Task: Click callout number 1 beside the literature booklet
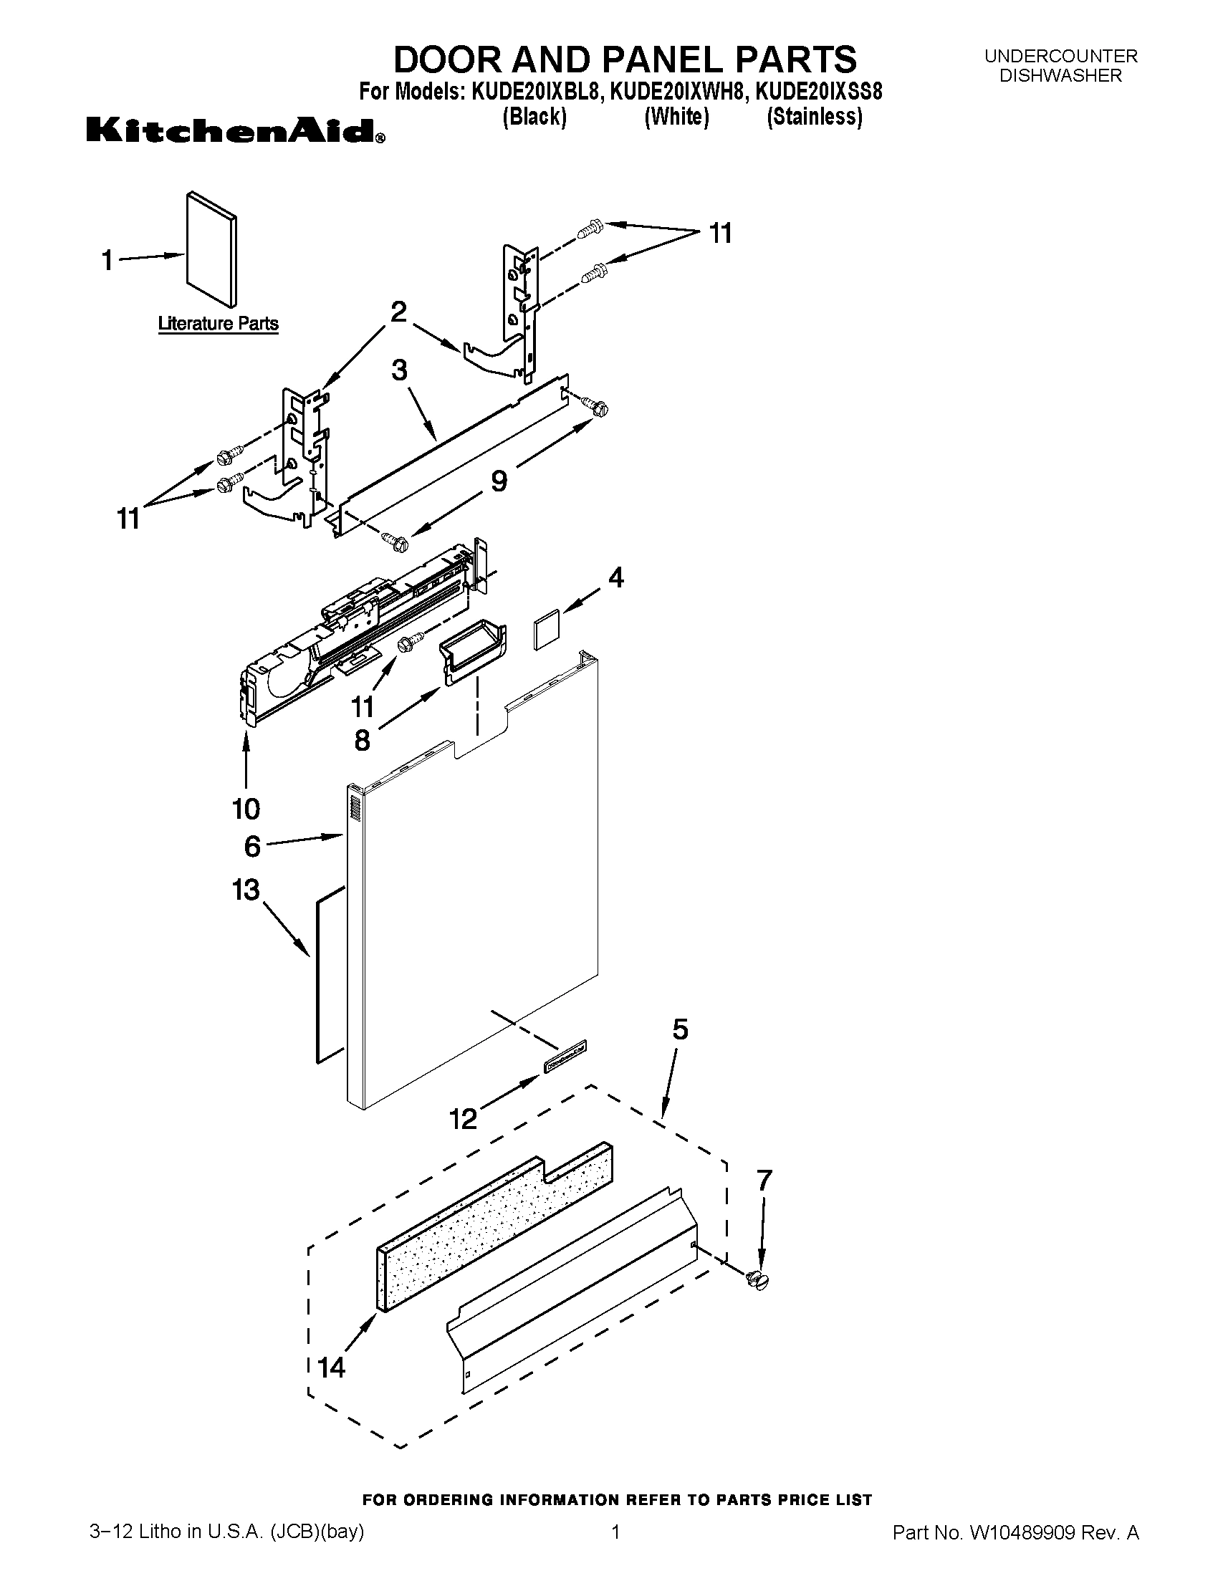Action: [107, 261]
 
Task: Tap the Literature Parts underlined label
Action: [218, 324]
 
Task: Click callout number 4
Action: [615, 577]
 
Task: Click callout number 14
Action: [332, 1368]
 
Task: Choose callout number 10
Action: [246, 809]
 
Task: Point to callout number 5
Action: [680, 1029]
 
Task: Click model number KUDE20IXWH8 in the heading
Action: [676, 92]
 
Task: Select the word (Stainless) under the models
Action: [814, 117]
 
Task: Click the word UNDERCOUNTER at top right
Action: [1060, 57]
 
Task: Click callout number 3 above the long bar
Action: [399, 371]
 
